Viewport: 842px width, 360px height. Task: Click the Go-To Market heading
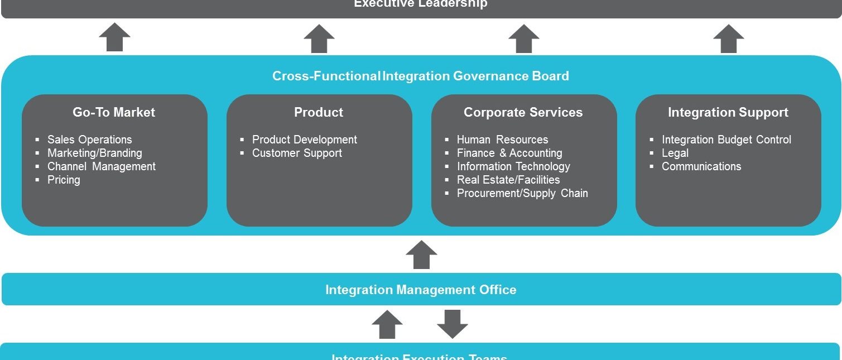click(114, 112)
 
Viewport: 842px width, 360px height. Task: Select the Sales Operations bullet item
click(89, 140)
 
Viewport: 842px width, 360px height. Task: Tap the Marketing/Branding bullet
click(94, 153)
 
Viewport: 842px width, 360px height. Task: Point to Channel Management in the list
click(101, 166)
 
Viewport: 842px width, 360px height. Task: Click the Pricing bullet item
click(64, 180)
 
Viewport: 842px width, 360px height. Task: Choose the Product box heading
click(319, 112)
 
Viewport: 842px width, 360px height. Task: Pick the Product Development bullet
click(304, 140)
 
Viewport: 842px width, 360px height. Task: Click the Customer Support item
click(297, 153)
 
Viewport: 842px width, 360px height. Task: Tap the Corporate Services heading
click(523, 112)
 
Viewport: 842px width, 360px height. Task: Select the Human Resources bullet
click(502, 140)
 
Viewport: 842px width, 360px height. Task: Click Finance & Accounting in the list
click(509, 153)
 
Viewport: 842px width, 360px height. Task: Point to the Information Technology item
click(513, 166)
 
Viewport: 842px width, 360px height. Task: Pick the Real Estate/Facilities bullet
click(508, 180)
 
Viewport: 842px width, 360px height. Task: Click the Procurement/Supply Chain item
click(522, 193)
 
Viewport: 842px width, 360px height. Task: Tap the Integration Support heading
click(728, 112)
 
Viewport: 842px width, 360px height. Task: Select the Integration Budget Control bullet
click(726, 140)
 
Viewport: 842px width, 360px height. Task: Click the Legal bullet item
click(675, 153)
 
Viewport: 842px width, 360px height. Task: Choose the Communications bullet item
click(701, 166)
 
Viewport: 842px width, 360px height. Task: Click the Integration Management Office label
click(421, 290)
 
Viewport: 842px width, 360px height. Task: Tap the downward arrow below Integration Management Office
click(452, 324)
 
